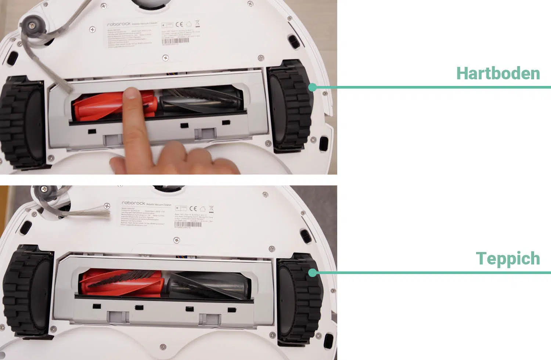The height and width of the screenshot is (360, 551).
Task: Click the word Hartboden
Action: pyautogui.click(x=498, y=73)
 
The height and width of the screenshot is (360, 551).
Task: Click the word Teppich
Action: pyautogui.click(x=508, y=259)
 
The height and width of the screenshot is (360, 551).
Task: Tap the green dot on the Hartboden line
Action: pyautogui.click(x=313, y=87)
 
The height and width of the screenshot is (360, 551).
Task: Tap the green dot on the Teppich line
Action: pyautogui.click(x=313, y=273)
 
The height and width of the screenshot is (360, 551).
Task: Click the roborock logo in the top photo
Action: pyautogui.click(x=119, y=24)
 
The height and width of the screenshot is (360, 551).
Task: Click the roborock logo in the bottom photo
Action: pyautogui.click(x=133, y=203)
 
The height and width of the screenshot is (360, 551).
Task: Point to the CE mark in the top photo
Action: pyautogui.click(x=179, y=25)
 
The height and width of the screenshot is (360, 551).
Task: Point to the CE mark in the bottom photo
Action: pyautogui.click(x=193, y=209)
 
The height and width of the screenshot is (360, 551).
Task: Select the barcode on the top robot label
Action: pyautogui.click(x=176, y=41)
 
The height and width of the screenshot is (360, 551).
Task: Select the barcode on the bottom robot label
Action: pyautogui.click(x=188, y=224)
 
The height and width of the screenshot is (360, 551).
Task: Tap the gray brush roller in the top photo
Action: pyautogui.click(x=200, y=100)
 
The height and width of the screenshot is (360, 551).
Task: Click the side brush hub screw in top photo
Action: pyautogui.click(x=33, y=25)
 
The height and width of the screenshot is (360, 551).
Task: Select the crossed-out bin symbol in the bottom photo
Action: pyautogui.click(x=211, y=209)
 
